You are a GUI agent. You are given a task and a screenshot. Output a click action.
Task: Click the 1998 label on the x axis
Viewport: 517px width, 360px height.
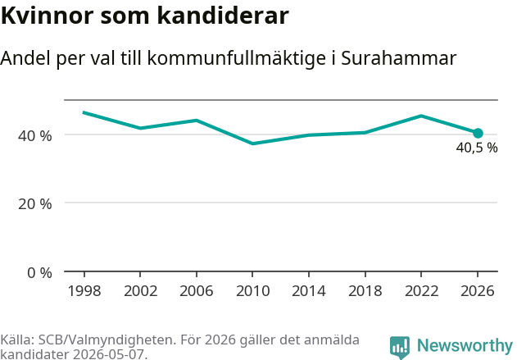(84, 291)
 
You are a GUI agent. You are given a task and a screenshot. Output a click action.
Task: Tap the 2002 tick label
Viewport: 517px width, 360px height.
(140, 291)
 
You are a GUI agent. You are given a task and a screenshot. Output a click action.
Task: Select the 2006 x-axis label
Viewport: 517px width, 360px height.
(197, 291)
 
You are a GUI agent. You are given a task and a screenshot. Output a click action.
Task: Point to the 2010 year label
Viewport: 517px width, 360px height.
(252, 291)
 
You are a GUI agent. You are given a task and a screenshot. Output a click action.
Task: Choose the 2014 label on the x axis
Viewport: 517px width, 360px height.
(309, 291)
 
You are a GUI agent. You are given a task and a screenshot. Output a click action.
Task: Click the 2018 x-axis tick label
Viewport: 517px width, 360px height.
(365, 291)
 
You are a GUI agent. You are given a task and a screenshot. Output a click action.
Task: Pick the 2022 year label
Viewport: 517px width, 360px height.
(421, 291)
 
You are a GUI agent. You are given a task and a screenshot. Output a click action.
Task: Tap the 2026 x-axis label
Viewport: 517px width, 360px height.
(478, 291)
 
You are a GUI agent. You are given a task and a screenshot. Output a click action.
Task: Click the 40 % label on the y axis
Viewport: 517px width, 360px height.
(35, 135)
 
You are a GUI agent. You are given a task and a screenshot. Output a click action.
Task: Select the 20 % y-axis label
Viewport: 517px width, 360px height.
(35, 204)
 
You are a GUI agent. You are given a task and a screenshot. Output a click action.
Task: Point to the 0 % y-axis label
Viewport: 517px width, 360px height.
(39, 273)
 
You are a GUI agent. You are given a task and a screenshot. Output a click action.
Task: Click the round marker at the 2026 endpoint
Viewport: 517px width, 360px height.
(478, 134)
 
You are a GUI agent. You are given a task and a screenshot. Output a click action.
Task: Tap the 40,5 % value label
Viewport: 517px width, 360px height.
(477, 148)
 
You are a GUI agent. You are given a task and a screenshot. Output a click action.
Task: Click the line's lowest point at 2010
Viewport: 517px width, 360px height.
(252, 144)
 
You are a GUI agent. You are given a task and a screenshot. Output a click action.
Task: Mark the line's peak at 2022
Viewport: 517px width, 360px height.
(421, 116)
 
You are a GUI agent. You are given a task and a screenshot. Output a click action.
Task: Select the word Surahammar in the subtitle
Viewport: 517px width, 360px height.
(399, 58)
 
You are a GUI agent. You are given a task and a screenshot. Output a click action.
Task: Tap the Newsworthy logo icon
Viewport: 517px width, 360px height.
(400, 348)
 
